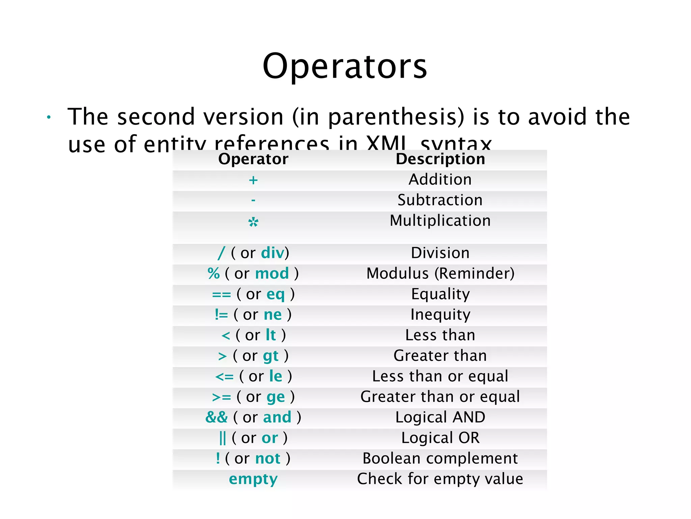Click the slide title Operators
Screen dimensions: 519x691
pyautogui.click(x=345, y=66)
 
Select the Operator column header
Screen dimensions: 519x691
pyautogui.click(x=253, y=159)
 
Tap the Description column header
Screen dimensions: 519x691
pyautogui.click(x=440, y=159)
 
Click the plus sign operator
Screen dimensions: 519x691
pyautogui.click(x=253, y=180)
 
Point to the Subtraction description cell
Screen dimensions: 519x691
pyautogui.click(x=440, y=200)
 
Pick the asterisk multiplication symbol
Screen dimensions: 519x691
pyautogui.click(x=253, y=222)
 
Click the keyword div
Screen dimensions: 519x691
pyautogui.click(x=273, y=253)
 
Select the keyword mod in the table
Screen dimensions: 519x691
pyautogui.click(x=272, y=273)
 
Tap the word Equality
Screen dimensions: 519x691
pyautogui.click(x=440, y=294)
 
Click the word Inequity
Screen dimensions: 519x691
pyautogui.click(x=440, y=315)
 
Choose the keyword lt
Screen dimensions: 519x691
pyautogui.click(x=271, y=335)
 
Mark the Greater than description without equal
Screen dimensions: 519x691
pyautogui.click(x=440, y=356)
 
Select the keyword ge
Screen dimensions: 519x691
pyautogui.click(x=276, y=397)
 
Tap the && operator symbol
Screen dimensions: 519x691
pyautogui.click(x=217, y=417)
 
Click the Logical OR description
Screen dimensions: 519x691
pyautogui.click(x=440, y=438)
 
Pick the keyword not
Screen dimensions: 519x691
pyautogui.click(x=268, y=459)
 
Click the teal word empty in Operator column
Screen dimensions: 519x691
pyautogui.click(x=253, y=479)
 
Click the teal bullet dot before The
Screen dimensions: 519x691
pyautogui.click(x=49, y=117)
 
